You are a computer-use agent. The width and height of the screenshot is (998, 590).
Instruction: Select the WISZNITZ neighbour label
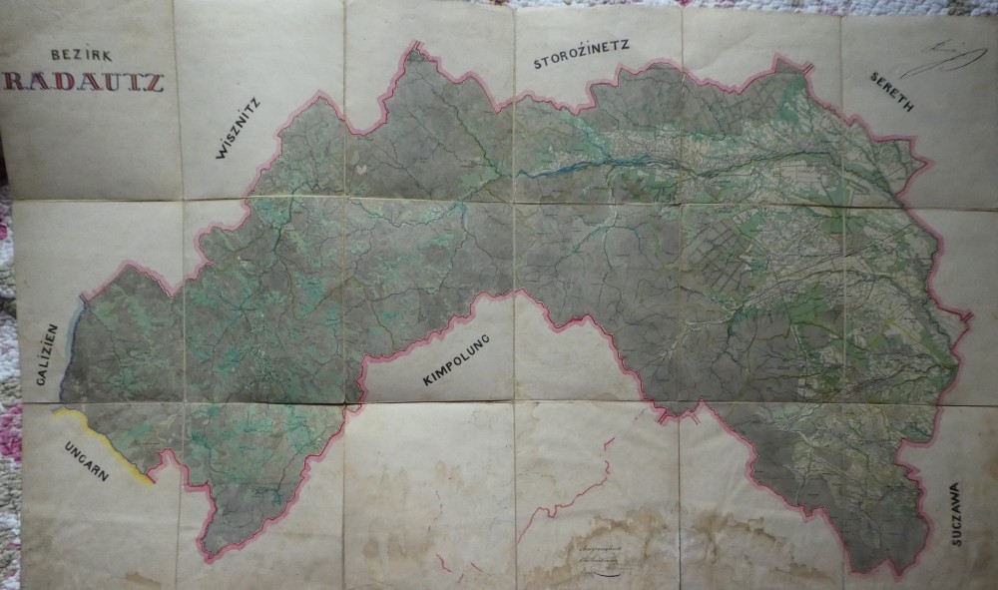click(x=237, y=128)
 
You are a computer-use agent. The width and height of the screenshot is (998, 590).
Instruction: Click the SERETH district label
click(x=890, y=91)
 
